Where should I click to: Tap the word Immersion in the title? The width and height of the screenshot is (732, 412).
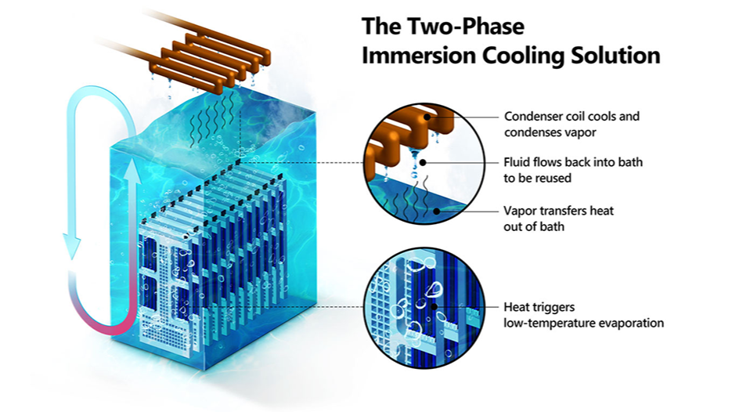(418, 56)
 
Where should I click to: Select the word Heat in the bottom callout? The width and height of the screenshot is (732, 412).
(515, 307)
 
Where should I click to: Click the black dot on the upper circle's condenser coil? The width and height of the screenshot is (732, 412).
(427, 117)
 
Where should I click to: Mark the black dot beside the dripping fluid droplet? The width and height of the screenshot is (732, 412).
(423, 162)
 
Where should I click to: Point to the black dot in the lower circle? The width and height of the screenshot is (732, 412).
(435, 306)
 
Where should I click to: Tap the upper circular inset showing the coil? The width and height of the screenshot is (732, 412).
(424, 163)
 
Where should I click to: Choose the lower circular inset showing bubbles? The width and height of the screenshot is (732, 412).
(424, 308)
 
